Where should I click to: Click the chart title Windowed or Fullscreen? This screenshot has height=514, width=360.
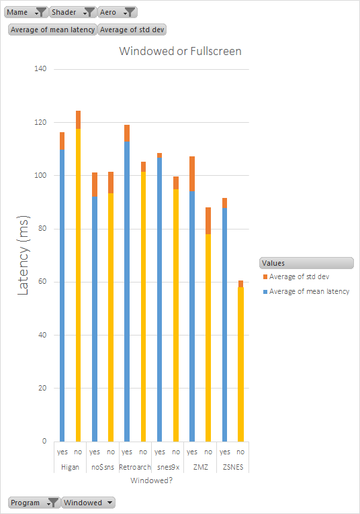pos(180,51)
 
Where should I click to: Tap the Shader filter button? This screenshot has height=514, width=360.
pos(73,12)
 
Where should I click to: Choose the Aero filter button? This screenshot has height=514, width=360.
pos(117,12)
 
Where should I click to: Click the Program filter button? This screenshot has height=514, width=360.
pos(34,503)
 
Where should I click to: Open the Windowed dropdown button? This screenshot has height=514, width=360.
pos(88,503)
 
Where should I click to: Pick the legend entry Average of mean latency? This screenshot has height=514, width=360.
pos(309,291)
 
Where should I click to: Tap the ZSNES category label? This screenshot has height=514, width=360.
pos(232,467)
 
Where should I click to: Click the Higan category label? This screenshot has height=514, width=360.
pos(70,467)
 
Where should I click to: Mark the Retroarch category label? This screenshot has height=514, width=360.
pos(135,467)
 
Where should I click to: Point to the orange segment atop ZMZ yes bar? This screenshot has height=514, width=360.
pos(192,174)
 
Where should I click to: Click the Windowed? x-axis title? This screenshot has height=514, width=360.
pos(151,480)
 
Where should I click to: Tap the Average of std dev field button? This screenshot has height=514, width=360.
pos(132,30)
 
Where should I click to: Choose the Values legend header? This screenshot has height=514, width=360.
pos(306,263)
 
